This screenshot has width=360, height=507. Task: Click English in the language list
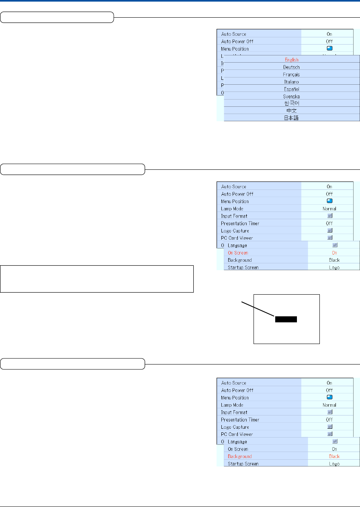pos(291,60)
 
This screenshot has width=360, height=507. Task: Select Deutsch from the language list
pos(291,67)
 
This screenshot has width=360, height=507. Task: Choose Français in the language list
pos(291,75)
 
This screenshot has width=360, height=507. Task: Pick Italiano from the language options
pos(291,82)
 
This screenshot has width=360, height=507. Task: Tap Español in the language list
pos(291,89)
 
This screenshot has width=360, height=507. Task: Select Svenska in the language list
pos(291,96)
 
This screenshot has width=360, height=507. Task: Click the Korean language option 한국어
pos(291,104)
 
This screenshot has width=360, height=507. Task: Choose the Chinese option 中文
pos(291,111)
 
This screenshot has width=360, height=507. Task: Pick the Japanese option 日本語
pos(291,118)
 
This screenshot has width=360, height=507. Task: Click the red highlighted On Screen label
pos(238,253)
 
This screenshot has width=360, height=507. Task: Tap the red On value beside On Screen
pos(334,253)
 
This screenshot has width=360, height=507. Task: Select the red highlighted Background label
pos(239,456)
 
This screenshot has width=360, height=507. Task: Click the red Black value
pos(334,456)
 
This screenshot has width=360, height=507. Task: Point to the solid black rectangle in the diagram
pos(286,319)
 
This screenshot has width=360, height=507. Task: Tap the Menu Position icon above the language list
pos(329,49)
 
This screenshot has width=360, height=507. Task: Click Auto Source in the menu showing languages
pos(233,34)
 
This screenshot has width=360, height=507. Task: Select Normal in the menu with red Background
pos(329,405)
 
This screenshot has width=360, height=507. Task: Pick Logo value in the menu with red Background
pos(334,464)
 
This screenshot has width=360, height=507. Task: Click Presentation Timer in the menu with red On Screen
pos(240,223)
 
